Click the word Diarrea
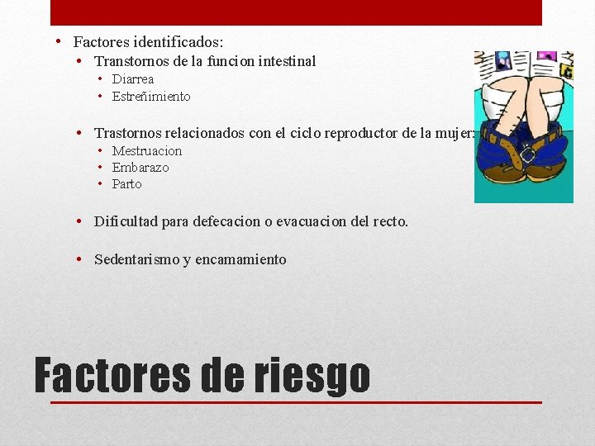point(133,79)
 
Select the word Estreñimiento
point(151,97)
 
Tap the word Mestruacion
point(147,151)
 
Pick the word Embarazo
point(140,168)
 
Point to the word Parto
point(127,184)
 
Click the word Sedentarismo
point(136,259)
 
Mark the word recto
point(389,221)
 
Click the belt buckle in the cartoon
point(526,153)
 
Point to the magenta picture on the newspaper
point(546,59)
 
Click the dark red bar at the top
point(296,12)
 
